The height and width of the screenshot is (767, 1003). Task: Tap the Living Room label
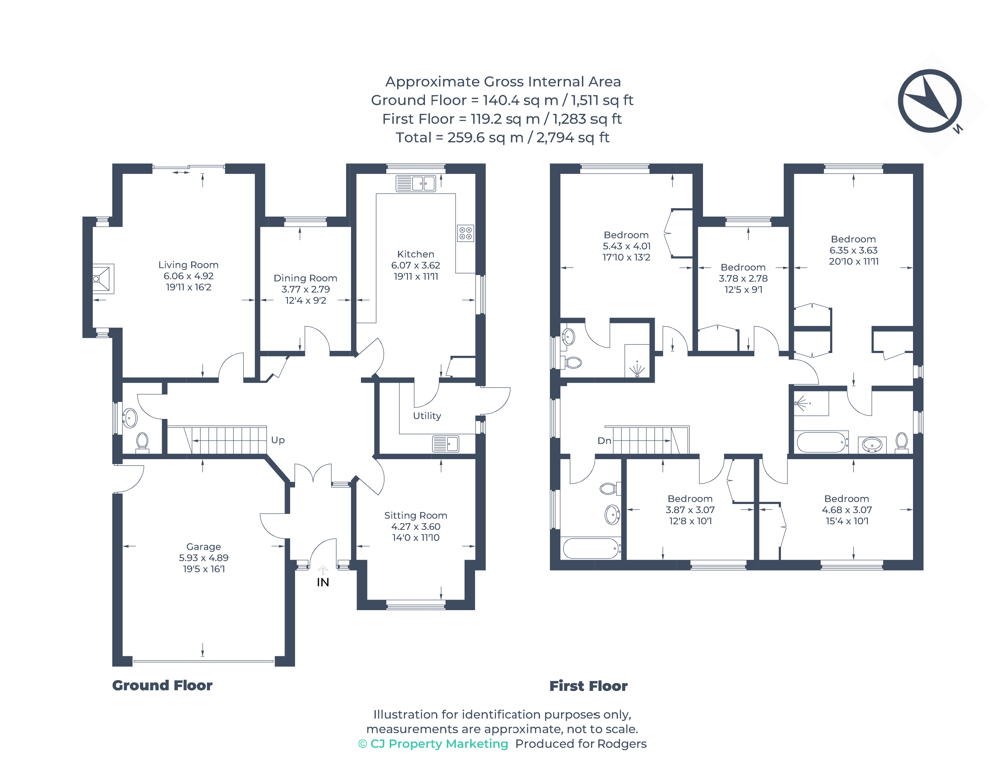point(188,265)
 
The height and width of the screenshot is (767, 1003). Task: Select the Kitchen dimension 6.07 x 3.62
point(415,265)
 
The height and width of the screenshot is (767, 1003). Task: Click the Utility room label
point(427,416)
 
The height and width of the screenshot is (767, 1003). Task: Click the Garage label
point(204,546)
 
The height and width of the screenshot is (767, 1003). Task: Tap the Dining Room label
point(305,278)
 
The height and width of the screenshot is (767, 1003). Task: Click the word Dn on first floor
point(604,441)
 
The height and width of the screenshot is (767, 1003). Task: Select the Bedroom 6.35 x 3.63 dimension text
point(853,250)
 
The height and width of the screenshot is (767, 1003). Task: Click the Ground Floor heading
point(162,685)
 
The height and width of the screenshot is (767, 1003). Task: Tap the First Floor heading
point(588,686)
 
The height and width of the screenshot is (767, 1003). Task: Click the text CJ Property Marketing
point(439,744)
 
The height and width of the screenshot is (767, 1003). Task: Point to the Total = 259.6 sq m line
point(502,137)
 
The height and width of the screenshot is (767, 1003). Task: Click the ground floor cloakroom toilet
point(142,442)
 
